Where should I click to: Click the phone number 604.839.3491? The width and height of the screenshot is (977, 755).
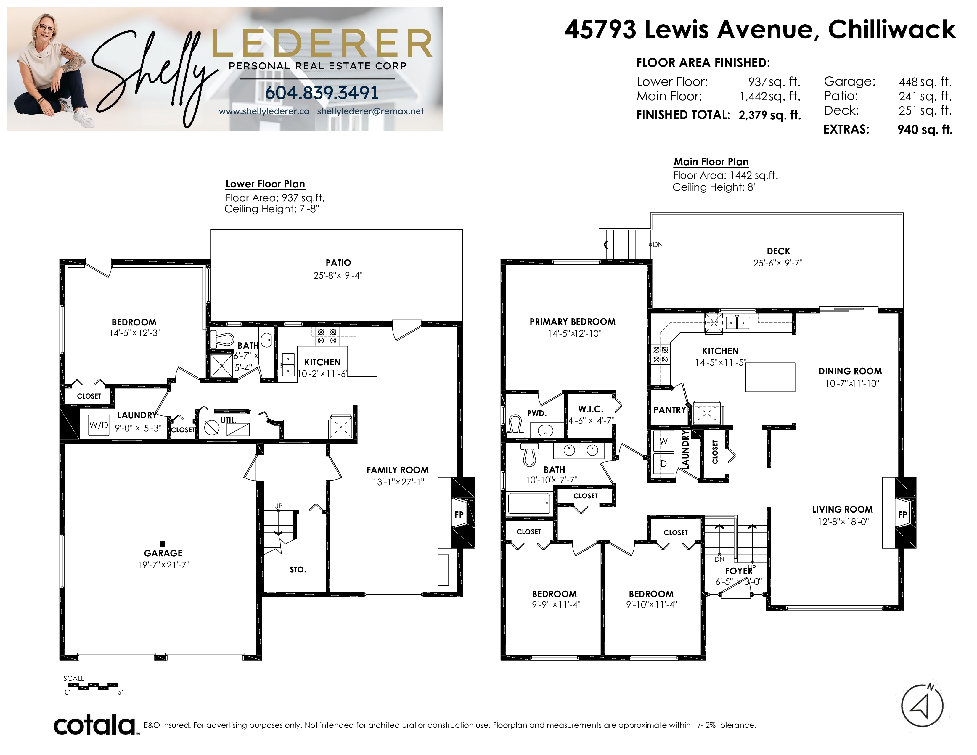point(322,93)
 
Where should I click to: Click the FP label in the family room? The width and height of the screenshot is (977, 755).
point(459,514)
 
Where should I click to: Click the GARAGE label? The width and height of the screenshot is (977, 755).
point(163,553)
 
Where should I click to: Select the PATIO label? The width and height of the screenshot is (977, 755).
point(338,263)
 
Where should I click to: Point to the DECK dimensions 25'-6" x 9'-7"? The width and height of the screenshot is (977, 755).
point(778,263)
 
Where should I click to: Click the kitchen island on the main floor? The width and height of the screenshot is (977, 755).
point(770,377)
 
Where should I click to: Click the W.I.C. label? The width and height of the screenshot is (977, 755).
point(591,409)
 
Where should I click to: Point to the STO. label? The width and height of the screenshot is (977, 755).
point(298,569)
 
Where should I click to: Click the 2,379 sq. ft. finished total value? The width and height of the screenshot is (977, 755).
point(769,115)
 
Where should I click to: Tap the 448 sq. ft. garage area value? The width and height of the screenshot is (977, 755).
point(925,82)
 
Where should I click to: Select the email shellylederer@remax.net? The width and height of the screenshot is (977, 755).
point(370,111)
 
